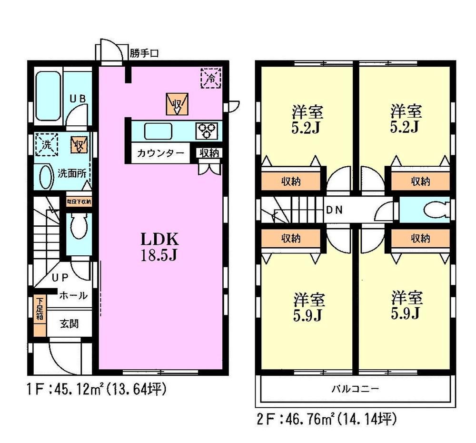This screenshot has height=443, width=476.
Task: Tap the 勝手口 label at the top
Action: click(144, 54)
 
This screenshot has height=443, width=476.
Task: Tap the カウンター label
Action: click(160, 153)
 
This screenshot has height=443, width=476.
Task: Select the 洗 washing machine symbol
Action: click(46, 144)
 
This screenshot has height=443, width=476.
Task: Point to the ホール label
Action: click(73, 296)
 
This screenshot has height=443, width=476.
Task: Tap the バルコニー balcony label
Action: click(355, 389)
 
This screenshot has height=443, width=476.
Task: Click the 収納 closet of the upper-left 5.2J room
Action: click(293, 181)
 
